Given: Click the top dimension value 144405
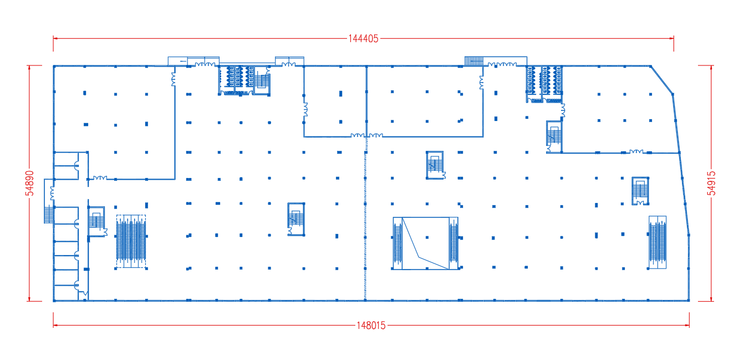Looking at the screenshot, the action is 363,39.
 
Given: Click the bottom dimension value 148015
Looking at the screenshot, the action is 371,326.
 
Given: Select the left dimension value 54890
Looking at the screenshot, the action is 30,183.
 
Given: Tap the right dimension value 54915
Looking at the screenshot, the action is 711,183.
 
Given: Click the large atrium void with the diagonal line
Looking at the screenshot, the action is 426,243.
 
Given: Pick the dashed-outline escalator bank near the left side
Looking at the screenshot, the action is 131,241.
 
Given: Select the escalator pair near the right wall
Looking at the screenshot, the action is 658,242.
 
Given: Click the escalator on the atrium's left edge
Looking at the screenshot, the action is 397,243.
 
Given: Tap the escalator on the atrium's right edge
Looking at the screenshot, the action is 453,243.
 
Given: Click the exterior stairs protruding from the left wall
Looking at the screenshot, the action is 49,214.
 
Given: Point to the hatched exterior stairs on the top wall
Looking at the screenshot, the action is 474,61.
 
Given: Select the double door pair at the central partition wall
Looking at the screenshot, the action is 367,135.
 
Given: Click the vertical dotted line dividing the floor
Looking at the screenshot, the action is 365,218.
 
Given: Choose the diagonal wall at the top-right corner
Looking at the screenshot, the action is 662,80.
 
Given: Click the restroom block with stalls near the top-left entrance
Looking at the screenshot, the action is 240,80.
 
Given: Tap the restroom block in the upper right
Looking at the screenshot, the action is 544,84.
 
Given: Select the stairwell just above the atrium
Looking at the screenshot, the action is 435,165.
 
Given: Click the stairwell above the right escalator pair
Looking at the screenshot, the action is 640,191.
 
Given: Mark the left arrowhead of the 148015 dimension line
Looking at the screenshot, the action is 55,326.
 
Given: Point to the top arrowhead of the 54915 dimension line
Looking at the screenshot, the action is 711,67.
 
